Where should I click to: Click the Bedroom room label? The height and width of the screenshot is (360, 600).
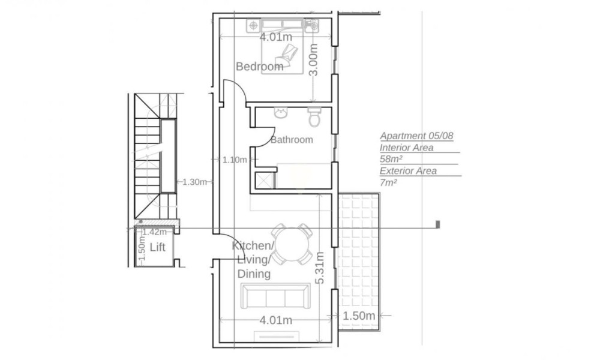click(259, 67)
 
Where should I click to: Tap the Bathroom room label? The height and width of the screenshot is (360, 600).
click(292, 140)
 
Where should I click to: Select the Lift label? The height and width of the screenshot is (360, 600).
click(157, 247)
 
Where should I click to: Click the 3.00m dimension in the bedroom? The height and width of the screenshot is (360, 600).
click(313, 59)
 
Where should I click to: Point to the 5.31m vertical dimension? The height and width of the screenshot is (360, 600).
click(320, 268)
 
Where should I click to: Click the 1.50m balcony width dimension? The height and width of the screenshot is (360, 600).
click(359, 316)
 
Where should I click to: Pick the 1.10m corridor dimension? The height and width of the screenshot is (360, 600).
click(235, 160)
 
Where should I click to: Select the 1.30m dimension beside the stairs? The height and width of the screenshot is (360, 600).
click(194, 182)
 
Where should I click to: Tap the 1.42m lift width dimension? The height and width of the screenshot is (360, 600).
click(155, 232)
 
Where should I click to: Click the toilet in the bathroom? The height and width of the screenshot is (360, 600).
click(314, 117)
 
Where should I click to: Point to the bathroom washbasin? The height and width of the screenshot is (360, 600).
click(280, 113)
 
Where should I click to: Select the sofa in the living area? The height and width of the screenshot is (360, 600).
click(275, 296)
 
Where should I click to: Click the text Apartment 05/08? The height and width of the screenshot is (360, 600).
click(416, 136)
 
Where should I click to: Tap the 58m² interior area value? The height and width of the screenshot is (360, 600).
click(391, 159)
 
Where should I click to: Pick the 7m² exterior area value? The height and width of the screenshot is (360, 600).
click(388, 182)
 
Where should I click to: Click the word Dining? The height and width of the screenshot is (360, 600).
click(254, 274)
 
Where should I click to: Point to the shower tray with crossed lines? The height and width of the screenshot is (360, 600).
click(265, 180)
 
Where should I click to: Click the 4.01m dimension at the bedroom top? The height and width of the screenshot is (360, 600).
click(275, 37)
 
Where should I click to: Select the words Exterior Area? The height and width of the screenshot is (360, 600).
click(408, 170)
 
